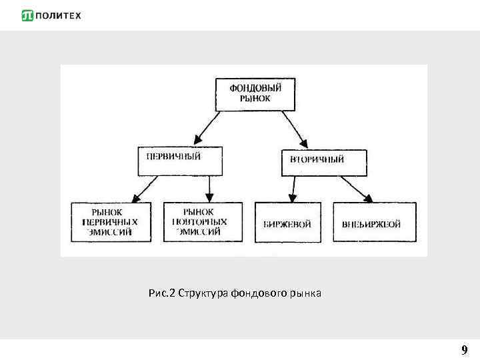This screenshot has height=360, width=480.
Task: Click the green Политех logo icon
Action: (x=27, y=15)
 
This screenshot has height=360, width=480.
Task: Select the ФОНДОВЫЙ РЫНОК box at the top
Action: (x=255, y=94)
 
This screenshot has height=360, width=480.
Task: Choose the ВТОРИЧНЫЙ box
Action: (x=324, y=161)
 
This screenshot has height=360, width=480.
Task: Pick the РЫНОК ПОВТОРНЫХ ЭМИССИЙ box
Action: (x=199, y=222)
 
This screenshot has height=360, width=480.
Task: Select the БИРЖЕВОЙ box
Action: (x=288, y=223)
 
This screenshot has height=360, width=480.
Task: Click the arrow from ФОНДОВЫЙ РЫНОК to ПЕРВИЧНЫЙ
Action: (x=207, y=127)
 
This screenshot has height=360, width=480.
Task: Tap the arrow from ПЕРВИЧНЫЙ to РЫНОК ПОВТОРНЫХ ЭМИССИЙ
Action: (x=209, y=188)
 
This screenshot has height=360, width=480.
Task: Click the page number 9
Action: (x=464, y=349)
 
